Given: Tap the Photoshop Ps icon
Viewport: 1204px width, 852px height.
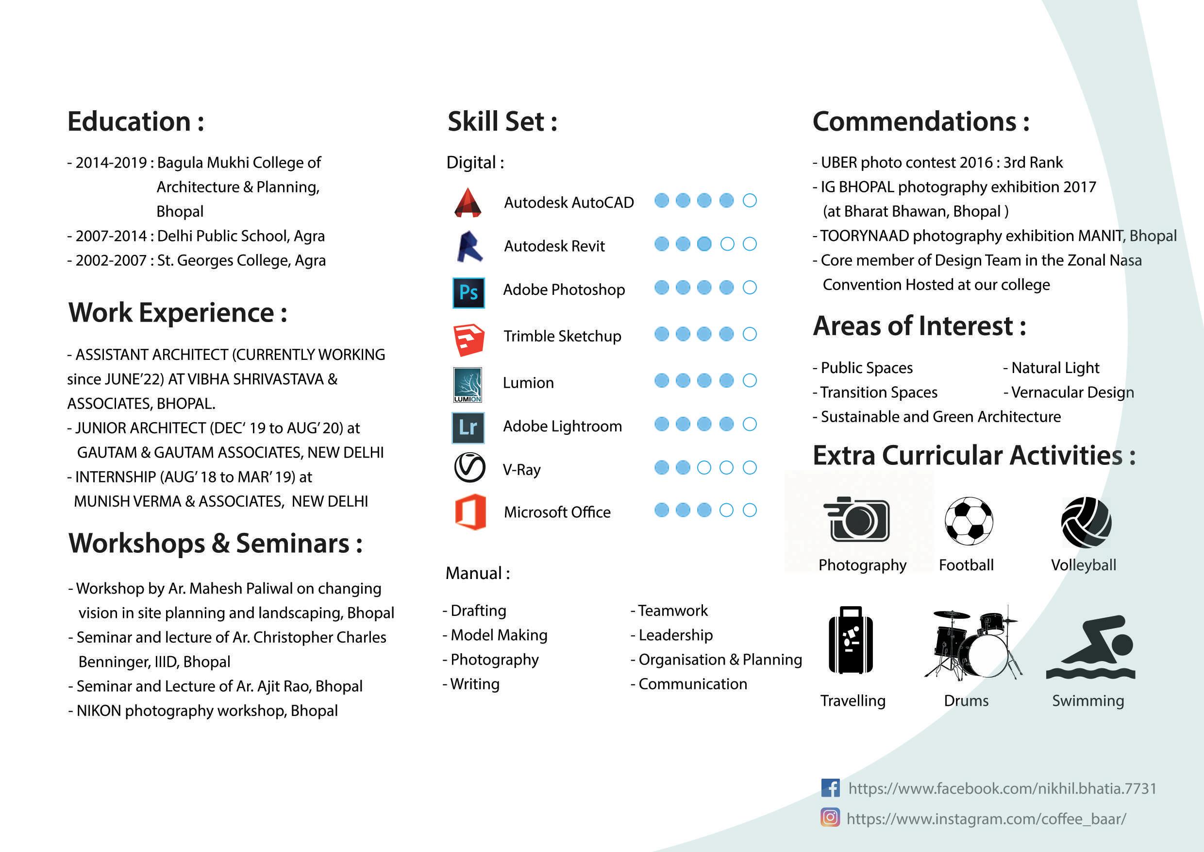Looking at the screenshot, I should pyautogui.click(x=468, y=292).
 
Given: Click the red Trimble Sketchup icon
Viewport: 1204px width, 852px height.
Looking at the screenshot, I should pyautogui.click(x=468, y=339).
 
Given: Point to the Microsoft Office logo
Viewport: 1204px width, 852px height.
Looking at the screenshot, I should pyautogui.click(x=470, y=511).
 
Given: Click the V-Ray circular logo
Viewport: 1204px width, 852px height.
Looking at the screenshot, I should pyautogui.click(x=469, y=467).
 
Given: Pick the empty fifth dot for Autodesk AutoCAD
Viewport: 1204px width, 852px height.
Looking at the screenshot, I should pyautogui.click(x=750, y=201).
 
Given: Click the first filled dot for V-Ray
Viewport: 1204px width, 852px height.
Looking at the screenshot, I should pyautogui.click(x=662, y=467).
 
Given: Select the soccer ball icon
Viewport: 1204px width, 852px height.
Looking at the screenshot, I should pyautogui.click(x=969, y=520).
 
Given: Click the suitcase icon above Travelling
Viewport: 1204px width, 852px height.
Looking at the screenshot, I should pyautogui.click(x=851, y=641).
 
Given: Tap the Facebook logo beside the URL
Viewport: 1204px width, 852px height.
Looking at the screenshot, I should pyautogui.click(x=830, y=788).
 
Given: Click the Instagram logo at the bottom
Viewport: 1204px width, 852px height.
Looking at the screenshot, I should pyautogui.click(x=830, y=818).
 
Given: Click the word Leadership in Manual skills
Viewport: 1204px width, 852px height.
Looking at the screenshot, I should pyautogui.click(x=675, y=635).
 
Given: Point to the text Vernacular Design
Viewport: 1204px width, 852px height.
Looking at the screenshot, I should pyautogui.click(x=1072, y=392).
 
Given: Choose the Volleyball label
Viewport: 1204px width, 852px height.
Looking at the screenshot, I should pyautogui.click(x=1084, y=565).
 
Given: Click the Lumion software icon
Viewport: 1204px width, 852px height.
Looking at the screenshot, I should pyautogui.click(x=467, y=385).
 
